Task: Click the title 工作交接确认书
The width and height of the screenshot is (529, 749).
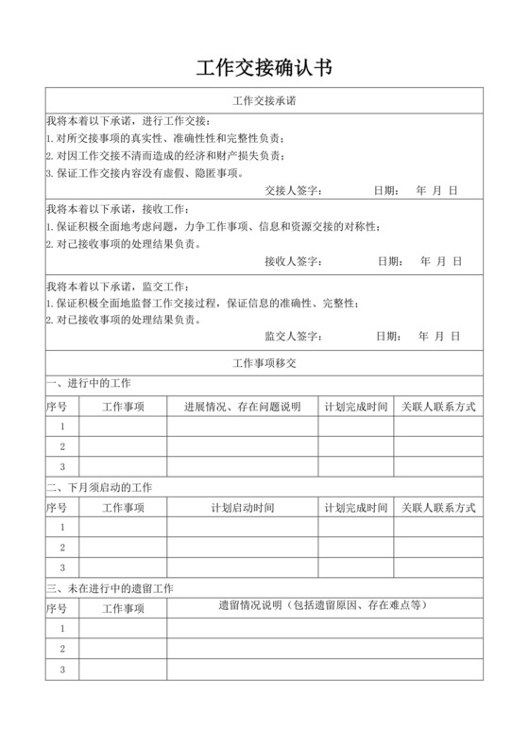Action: (x=264, y=67)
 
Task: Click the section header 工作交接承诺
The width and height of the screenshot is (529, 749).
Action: (x=264, y=100)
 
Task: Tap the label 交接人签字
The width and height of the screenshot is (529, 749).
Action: (x=294, y=190)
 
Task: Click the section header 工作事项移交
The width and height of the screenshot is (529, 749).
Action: (x=264, y=362)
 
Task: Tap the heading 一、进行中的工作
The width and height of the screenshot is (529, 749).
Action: (x=89, y=383)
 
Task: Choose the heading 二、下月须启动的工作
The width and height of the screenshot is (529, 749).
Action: (x=98, y=486)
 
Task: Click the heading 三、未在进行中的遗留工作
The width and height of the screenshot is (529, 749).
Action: (x=110, y=587)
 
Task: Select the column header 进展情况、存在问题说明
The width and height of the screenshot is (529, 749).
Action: (x=242, y=406)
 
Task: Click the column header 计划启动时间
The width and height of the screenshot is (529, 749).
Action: (x=242, y=508)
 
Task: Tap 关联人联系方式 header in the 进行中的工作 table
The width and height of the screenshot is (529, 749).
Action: (x=437, y=406)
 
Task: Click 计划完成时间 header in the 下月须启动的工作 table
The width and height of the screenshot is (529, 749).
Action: (x=355, y=508)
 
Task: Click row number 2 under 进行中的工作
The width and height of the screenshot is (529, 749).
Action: (x=61, y=446)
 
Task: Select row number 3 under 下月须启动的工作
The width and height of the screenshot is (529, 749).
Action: (x=61, y=567)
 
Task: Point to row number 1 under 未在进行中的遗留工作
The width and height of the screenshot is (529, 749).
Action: (x=61, y=628)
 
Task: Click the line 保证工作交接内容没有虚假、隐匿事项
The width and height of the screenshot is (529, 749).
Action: (x=136, y=173)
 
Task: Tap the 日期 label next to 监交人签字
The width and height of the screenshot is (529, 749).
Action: (x=386, y=336)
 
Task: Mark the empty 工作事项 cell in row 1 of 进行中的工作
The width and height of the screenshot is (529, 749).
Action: (x=123, y=427)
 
